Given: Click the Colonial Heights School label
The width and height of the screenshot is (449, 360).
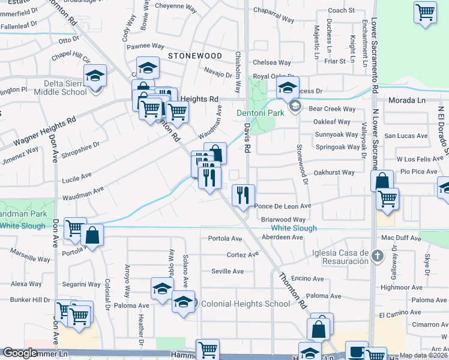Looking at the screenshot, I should point(246,304).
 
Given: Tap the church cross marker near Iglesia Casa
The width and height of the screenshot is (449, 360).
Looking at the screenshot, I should point(377,256).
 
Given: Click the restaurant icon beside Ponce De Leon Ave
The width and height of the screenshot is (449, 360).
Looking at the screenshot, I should point(243,195).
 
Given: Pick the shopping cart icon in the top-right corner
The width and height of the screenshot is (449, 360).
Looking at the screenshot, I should point(425,12).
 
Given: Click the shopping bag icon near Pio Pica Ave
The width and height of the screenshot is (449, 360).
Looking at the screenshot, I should point(382,180).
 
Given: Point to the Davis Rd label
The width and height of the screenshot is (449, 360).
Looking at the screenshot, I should point(247,136).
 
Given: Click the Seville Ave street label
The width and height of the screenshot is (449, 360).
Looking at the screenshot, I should point(228,271).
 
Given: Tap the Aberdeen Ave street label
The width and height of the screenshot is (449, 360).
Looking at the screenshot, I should point(282,237).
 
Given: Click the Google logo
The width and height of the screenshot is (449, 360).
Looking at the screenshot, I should point(20,353).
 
